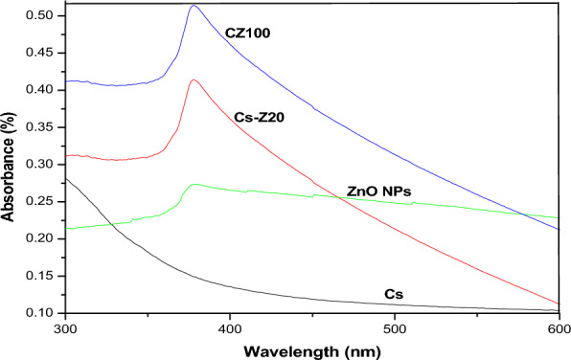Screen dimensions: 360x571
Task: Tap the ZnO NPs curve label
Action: [x=378, y=191]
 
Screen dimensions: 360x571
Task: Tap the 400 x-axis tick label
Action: [x=229, y=326]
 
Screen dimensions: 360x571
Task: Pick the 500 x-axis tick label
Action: [x=394, y=326]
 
